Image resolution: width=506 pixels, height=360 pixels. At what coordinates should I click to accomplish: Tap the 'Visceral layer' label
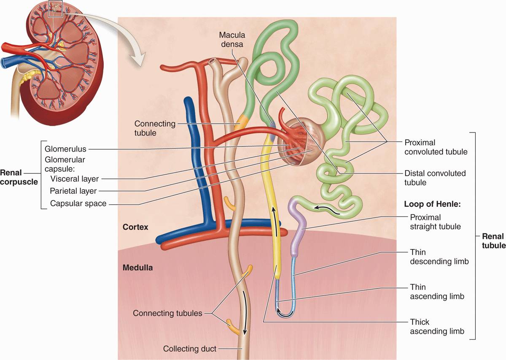click(x=74, y=179)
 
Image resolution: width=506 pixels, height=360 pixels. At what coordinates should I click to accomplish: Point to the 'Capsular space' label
click(x=78, y=203)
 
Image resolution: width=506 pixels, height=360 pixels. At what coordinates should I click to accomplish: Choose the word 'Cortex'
click(x=135, y=227)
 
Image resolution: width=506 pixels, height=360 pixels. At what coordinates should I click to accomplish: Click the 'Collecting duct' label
click(x=190, y=349)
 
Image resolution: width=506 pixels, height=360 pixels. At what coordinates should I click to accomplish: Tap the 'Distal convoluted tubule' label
click(x=435, y=178)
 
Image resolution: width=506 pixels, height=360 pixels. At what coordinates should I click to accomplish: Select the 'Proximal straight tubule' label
click(x=435, y=222)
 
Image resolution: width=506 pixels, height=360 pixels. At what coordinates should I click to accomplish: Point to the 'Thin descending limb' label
click(x=439, y=257)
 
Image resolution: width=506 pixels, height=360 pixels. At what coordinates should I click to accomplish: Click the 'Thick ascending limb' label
click(x=437, y=327)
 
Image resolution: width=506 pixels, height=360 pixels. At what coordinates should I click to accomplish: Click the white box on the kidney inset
click(x=56, y=9)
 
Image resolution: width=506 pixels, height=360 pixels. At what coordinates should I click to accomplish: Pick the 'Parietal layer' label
click(x=73, y=191)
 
